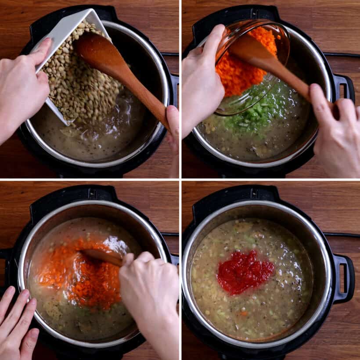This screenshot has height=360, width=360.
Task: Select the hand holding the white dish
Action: coord(22,88)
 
